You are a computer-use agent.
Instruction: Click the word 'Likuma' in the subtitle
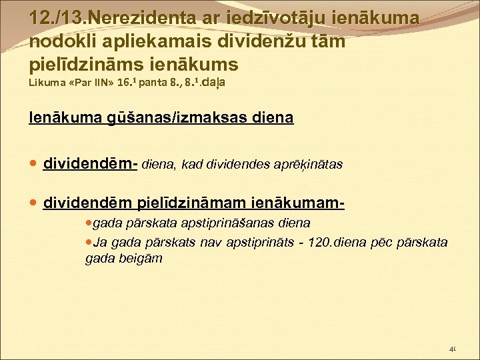[48, 85]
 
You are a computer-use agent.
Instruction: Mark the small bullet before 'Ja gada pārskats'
[90, 241]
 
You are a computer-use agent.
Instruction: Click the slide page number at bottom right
[454, 348]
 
